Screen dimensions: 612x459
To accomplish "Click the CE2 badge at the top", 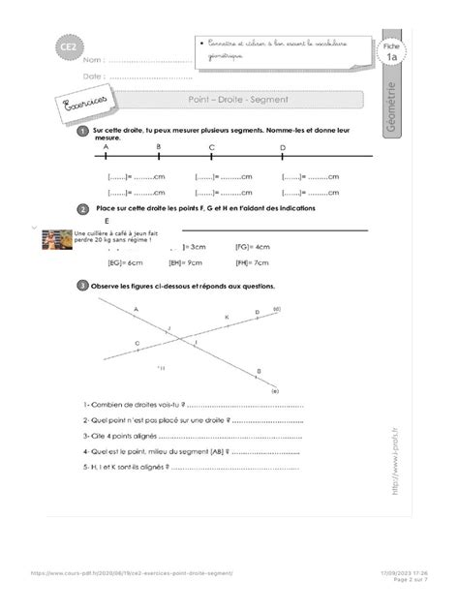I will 70,46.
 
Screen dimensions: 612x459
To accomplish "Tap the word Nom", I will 91,60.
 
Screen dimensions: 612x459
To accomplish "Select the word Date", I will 92,76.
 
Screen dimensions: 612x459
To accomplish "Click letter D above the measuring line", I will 283,147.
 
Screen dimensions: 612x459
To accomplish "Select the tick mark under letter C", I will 211,157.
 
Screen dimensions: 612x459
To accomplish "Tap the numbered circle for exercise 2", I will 84,209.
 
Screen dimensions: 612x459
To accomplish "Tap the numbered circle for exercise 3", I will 84,286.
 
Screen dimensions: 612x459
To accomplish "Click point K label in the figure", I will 228,317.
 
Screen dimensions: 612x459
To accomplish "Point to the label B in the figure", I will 259,371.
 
